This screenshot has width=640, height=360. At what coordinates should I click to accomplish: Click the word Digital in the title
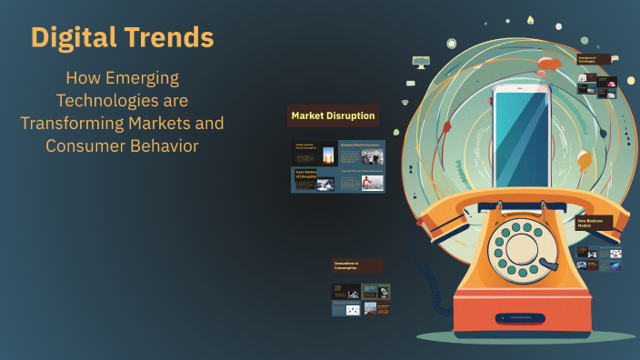point(74,37)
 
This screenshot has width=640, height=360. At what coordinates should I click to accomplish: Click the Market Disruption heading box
point(333,116)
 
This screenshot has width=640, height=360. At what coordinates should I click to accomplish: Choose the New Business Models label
point(595,222)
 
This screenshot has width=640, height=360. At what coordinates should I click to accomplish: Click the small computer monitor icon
point(420,62)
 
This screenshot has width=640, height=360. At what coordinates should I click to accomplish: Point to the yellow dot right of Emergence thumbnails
point(630,81)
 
